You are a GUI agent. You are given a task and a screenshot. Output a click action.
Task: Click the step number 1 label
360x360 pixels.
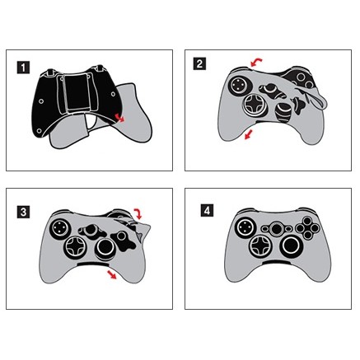pyautogui.click(x=24, y=68)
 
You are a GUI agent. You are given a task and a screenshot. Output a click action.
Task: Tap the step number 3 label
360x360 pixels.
pyautogui.click(x=24, y=213)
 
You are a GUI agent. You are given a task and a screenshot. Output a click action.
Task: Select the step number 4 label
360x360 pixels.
pyautogui.click(x=207, y=211)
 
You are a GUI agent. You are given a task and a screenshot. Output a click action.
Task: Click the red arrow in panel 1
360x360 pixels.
pyautogui.click(x=119, y=117)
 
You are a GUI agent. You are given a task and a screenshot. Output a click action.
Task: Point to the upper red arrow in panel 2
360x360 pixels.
pyautogui.click(x=256, y=62)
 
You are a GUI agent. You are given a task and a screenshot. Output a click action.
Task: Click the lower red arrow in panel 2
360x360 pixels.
pyautogui.click(x=249, y=134)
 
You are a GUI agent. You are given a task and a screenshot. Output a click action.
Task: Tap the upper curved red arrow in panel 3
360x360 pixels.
pyautogui.click(x=138, y=213)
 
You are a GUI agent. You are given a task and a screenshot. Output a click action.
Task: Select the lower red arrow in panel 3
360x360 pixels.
pyautogui.click(x=112, y=274)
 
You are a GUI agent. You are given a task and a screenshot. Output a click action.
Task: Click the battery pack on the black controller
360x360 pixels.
pyautogui.click(x=75, y=91)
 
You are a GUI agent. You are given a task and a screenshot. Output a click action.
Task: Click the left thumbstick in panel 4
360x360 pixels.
pyautogui.click(x=244, y=227)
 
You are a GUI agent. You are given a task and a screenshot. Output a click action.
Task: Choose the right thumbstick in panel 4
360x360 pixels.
pyautogui.click(x=290, y=245)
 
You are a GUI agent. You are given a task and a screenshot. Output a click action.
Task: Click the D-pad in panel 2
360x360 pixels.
pyautogui.click(x=253, y=105)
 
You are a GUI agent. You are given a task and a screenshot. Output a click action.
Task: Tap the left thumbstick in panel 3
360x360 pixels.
pyautogui.click(x=58, y=227)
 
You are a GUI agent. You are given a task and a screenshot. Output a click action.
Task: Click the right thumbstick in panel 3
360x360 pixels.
pyautogui.click(x=105, y=249)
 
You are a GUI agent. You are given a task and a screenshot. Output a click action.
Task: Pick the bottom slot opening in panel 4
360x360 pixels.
pyautogui.click(x=278, y=263)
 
